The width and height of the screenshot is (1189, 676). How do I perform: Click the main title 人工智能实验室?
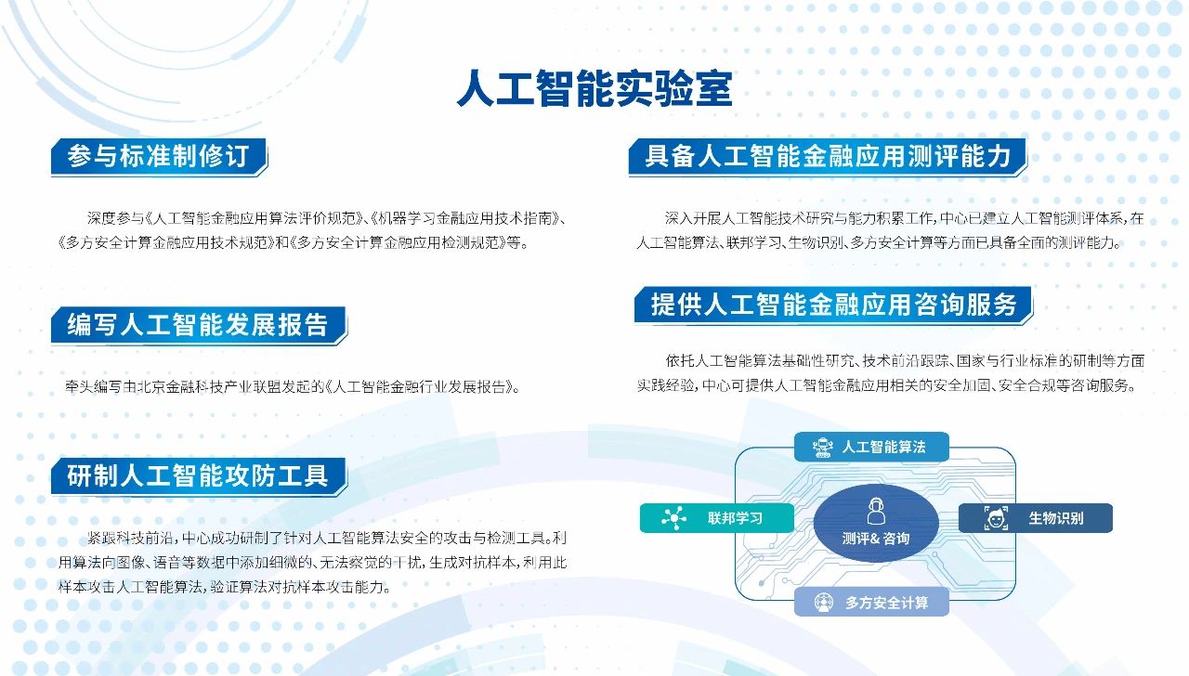point(594,88)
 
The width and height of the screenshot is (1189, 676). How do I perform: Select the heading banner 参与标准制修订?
point(159,157)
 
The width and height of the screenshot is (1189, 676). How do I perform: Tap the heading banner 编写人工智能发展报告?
point(199,325)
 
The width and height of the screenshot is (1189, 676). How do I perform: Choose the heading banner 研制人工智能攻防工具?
point(199,476)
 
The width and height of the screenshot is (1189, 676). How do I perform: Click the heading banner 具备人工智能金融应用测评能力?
point(828,157)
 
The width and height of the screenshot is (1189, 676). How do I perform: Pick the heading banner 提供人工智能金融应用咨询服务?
point(833,305)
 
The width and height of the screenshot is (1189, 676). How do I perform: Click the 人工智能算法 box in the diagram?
point(871,447)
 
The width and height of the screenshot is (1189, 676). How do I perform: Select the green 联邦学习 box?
point(717,518)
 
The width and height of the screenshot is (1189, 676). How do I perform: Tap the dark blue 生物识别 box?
point(1036,518)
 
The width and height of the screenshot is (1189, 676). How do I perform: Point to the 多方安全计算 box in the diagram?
point(871,603)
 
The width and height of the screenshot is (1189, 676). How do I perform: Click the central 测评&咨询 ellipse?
point(876,523)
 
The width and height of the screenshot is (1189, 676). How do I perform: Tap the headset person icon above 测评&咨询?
point(876,511)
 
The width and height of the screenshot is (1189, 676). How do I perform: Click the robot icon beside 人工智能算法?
point(822,448)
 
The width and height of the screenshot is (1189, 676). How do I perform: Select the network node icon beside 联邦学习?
point(674,518)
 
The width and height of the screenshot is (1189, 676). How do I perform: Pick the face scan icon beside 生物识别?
point(996,518)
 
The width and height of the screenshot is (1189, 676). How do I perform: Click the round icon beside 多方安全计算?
point(823,603)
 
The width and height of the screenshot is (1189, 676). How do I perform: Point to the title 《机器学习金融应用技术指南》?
point(465,218)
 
